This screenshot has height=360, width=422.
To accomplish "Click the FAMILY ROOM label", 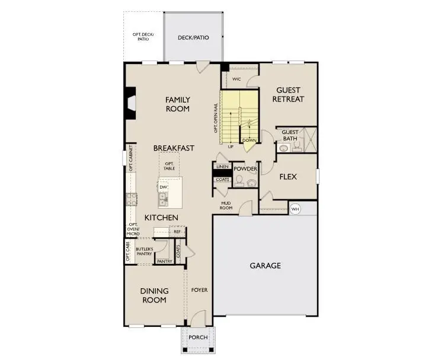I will coord(177,104).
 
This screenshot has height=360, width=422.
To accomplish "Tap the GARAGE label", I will coord(266,266).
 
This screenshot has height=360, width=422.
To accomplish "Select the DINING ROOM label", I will coord(154,295).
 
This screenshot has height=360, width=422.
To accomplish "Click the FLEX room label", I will coord(288,177).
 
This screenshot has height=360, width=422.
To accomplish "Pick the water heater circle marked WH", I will coord(295,209).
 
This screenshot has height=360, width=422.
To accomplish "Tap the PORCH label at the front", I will coord(198,337).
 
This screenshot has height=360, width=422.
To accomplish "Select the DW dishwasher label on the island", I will coord(163,187).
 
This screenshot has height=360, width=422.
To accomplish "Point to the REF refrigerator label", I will coord(177,232).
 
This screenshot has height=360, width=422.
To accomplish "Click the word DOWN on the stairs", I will coord(249,141).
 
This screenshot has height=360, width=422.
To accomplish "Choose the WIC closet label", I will coord(236,79).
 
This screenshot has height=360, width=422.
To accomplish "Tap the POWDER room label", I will coord(245,169).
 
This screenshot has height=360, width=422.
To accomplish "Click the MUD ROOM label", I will coord(226,205).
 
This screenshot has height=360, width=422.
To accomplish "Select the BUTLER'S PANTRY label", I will coord(145,251).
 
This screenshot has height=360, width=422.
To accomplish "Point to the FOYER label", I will coord(199,290).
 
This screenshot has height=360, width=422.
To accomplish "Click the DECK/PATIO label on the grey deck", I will coord(193,38).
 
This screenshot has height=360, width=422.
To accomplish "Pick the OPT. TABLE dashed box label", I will coord(170,165).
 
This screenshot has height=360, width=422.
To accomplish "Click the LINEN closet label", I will coord(222,167).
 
